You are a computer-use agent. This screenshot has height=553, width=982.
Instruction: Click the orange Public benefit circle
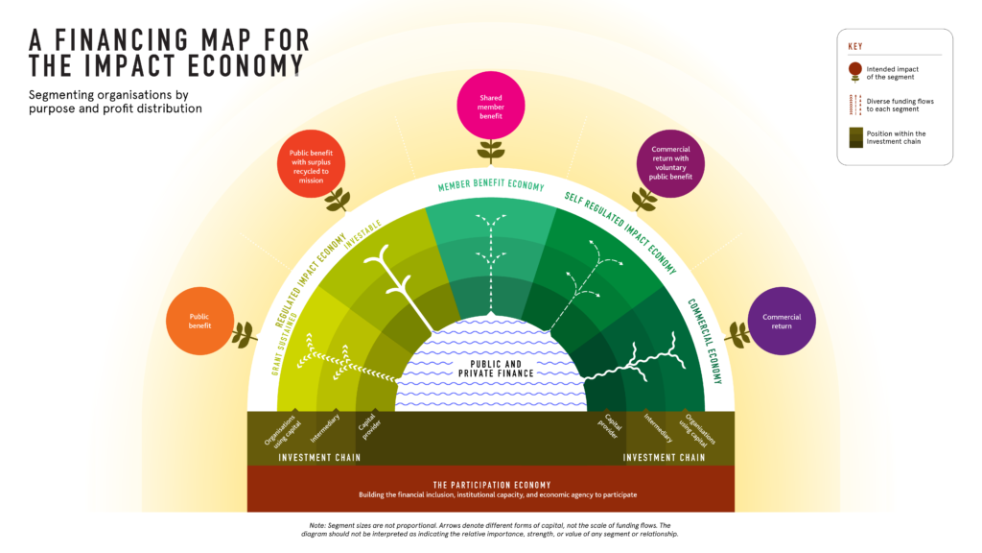point(199,321)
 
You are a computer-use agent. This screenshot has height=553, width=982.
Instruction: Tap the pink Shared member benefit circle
point(491,106)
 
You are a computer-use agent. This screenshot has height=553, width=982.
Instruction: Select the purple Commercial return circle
point(782,321)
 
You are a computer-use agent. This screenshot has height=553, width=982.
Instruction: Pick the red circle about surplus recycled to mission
point(312,164)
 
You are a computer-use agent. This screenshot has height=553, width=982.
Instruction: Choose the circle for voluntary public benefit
point(670,163)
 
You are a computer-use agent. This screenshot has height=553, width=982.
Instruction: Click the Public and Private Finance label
point(496,369)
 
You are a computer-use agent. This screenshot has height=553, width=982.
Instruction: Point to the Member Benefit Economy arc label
point(491,185)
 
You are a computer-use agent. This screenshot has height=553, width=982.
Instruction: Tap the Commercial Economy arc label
point(705,340)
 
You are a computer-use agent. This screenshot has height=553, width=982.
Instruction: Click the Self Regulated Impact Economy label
point(621,232)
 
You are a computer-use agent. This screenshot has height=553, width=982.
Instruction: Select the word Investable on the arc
point(362,235)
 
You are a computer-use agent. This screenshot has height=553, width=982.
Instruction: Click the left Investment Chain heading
point(319,458)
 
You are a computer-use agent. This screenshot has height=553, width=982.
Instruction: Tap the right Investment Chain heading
point(664,458)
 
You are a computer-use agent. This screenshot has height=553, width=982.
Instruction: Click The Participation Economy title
point(492,485)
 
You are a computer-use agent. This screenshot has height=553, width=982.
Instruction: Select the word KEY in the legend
point(854,46)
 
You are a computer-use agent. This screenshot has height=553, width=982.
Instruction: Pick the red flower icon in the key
point(854,72)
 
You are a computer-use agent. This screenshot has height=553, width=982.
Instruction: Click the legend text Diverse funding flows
point(900,101)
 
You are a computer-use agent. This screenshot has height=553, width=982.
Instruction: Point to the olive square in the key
point(855,137)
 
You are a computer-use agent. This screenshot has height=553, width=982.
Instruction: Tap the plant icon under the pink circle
point(491,152)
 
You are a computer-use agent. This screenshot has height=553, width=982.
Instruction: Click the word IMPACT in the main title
point(129,66)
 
